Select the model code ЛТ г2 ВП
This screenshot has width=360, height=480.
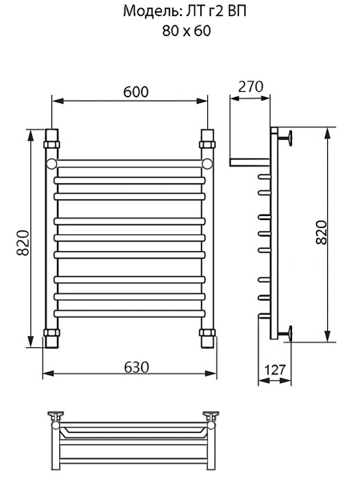tap(205, 12)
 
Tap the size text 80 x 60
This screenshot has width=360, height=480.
tap(179, 33)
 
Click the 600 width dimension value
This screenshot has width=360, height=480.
tap(136, 92)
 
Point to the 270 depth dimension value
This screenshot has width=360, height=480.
tap(251, 86)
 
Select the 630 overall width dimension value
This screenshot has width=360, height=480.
tap(136, 366)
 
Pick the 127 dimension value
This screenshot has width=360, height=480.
tap(274, 370)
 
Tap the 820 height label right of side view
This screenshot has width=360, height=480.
tap(320, 232)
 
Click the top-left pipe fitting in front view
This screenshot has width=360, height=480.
tap(52, 138)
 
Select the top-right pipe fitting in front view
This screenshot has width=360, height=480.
tap(207, 138)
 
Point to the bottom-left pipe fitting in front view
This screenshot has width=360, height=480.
tap(52, 338)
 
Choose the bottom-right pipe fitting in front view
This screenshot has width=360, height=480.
tap(207, 338)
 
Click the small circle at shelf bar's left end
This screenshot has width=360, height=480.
tap(53, 164)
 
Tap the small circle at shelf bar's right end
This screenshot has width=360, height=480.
tap(207, 164)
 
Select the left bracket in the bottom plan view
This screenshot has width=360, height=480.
tap(58, 415)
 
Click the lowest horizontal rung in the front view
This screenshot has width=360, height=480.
tap(130, 313)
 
